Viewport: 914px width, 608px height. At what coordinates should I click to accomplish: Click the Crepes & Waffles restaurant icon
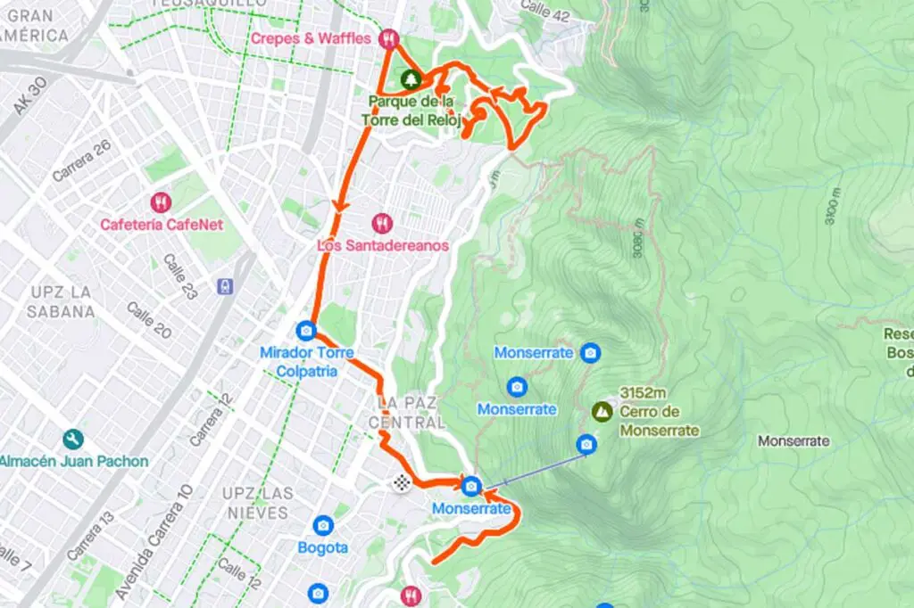(x=388, y=38)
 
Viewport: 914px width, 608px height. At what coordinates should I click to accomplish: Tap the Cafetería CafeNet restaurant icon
(x=161, y=202)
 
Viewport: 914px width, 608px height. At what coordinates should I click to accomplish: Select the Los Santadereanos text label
(x=382, y=244)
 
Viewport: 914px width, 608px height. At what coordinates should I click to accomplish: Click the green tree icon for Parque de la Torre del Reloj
(x=410, y=79)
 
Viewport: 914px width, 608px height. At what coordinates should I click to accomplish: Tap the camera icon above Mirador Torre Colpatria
(x=306, y=331)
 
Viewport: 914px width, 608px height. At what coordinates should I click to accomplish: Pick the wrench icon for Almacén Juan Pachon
(x=73, y=440)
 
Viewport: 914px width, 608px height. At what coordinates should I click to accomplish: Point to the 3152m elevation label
(x=644, y=393)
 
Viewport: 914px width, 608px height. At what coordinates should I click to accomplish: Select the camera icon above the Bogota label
(x=322, y=525)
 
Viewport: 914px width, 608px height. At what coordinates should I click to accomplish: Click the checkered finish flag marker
(x=403, y=483)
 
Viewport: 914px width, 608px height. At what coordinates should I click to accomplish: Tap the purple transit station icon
(x=227, y=286)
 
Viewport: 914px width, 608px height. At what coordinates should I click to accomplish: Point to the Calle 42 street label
(x=544, y=11)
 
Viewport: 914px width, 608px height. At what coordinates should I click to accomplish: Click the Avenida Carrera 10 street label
(x=152, y=541)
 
